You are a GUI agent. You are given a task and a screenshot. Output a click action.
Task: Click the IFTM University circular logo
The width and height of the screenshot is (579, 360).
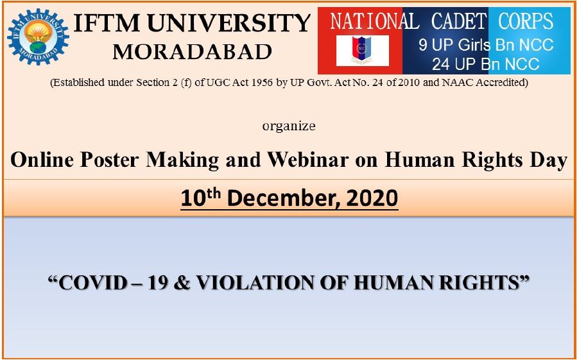[38, 37]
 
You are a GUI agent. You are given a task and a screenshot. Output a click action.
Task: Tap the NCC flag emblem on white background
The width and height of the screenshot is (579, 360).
[362, 51]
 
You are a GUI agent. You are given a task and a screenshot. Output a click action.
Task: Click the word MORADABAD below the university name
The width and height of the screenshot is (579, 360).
[192, 52]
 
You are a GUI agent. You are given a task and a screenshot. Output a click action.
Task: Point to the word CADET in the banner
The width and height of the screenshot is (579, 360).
[458, 21]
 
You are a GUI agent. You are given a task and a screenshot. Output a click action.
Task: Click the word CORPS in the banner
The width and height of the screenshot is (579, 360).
[526, 21]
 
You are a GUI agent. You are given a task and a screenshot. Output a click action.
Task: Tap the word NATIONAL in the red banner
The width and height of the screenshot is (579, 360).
[374, 21]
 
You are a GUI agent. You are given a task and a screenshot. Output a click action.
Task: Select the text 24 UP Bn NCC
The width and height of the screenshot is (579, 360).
[485, 64]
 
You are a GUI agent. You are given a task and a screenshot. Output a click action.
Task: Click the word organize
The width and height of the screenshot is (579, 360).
[289, 126]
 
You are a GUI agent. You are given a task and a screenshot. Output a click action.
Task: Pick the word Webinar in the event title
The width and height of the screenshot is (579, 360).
[308, 160]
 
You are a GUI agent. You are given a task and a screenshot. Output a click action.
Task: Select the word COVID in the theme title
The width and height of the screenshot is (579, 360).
[94, 283]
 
